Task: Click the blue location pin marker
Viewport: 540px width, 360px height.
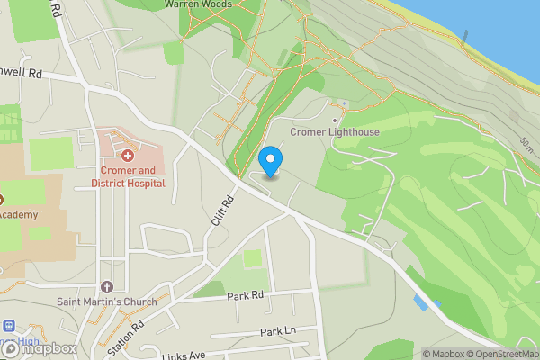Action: pyautogui.click(x=270, y=162)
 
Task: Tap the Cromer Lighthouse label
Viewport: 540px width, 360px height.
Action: pyautogui.click(x=335, y=132)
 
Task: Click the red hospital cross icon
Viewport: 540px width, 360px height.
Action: pyautogui.click(x=128, y=156)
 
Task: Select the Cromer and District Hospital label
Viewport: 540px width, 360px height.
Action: pyautogui.click(x=128, y=176)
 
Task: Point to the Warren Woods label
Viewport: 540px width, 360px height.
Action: pyautogui.click(x=198, y=4)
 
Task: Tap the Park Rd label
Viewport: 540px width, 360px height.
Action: pyautogui.click(x=245, y=295)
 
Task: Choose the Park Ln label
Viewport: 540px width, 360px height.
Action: pyautogui.click(x=278, y=331)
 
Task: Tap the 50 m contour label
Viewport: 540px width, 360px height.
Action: pyautogui.click(x=526, y=144)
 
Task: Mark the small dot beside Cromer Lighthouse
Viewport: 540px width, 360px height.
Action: pyautogui.click(x=335, y=120)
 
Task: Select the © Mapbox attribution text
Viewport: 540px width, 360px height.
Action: pyautogui.click(x=445, y=354)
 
